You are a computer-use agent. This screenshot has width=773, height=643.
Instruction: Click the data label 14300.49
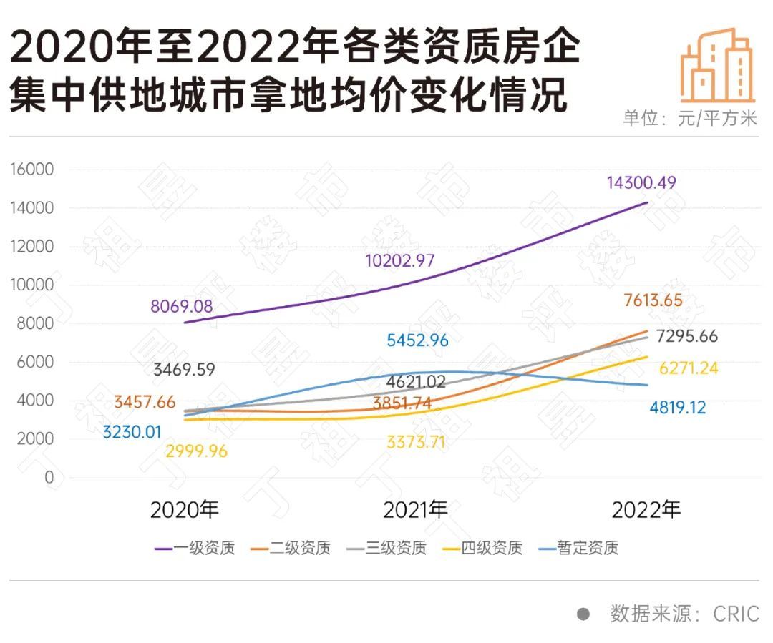[641, 182]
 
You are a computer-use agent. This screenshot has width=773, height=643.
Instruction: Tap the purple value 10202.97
[399, 260]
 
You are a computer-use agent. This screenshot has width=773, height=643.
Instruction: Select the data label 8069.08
[181, 307]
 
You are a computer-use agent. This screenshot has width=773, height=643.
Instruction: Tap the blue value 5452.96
[417, 340]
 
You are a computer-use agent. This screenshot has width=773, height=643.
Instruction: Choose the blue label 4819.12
[677, 408]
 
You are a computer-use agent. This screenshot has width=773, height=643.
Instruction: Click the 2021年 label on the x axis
[415, 510]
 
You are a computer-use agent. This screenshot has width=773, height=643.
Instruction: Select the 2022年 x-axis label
[646, 510]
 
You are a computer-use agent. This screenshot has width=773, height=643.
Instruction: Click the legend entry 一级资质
[195, 549]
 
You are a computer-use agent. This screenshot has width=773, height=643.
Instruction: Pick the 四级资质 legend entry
[482, 549]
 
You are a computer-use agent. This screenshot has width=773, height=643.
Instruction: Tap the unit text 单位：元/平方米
[689, 118]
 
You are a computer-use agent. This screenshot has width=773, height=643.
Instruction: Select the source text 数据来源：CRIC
[684, 614]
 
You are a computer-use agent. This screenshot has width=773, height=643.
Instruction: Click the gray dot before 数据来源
[583, 614]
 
